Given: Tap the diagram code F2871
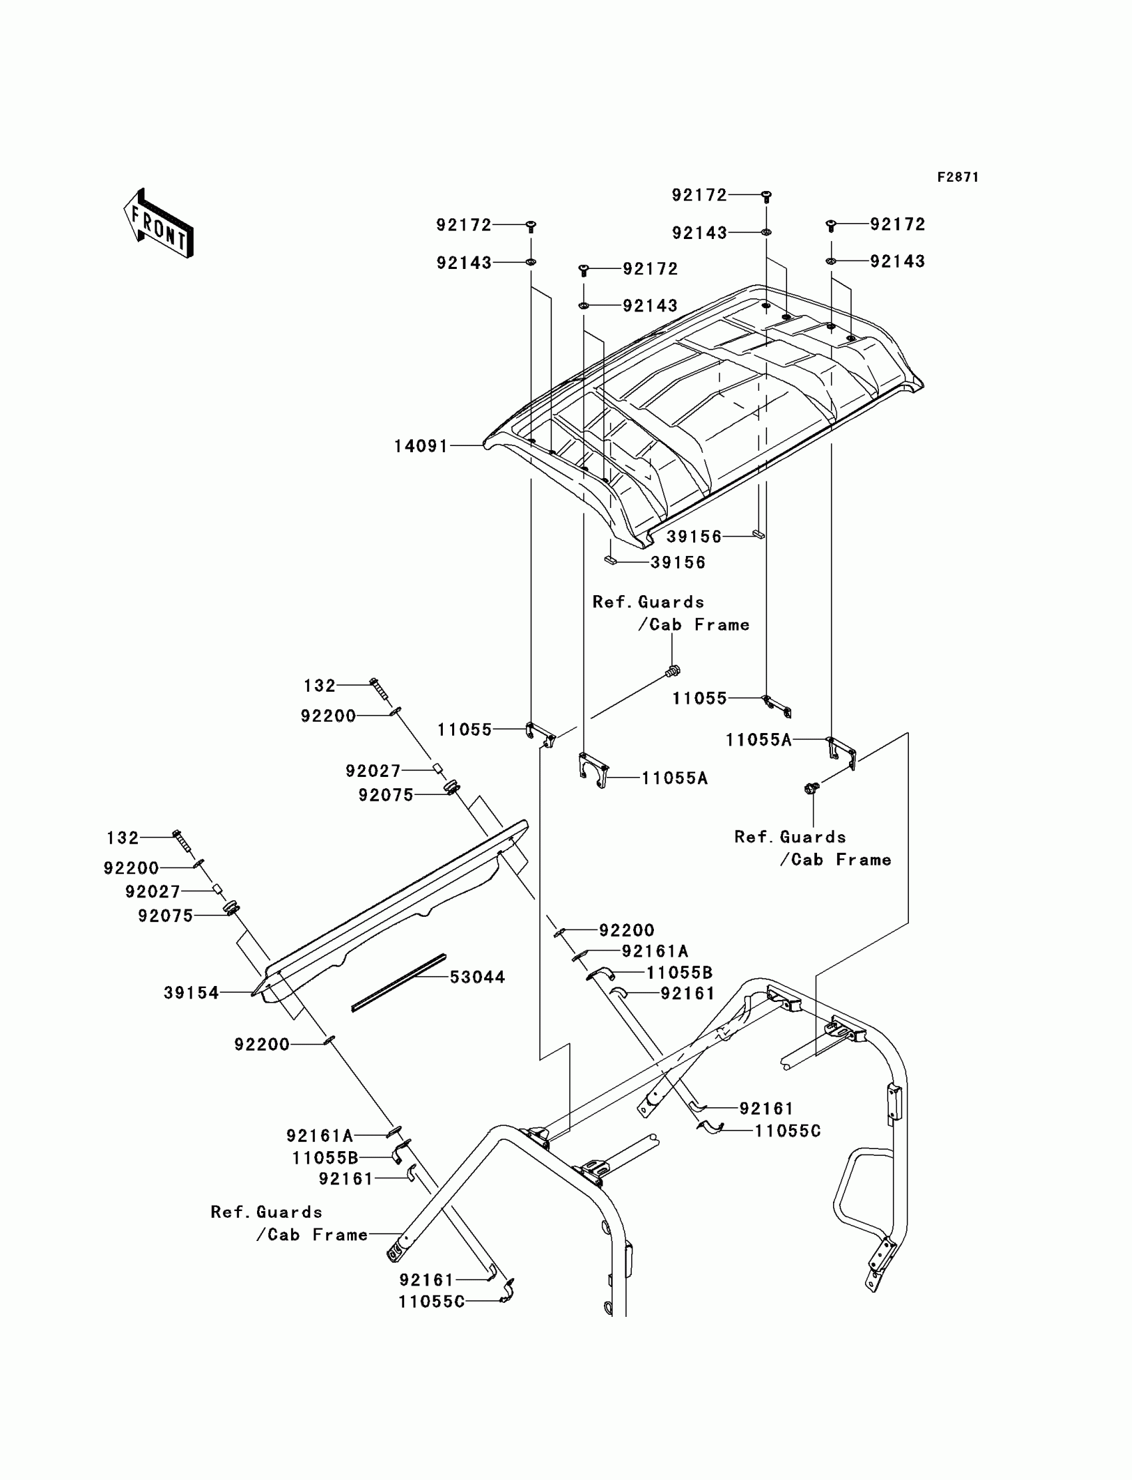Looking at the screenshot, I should click(x=958, y=177).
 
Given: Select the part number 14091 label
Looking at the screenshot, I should click(x=421, y=446).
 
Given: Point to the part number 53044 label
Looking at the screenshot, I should click(x=477, y=977).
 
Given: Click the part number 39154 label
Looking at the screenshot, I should click(x=191, y=992).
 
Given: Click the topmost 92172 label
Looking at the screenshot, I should click(x=699, y=195).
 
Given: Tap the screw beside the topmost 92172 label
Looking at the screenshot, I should click(x=766, y=196).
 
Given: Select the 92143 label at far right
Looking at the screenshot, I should click(x=898, y=262).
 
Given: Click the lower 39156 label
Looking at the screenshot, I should click(x=678, y=563).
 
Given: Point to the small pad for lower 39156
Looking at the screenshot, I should click(x=611, y=560).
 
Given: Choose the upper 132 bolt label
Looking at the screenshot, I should click(x=320, y=686).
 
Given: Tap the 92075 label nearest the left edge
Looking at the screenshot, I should click(x=166, y=915).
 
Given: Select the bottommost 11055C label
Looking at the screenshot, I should click(x=431, y=1302).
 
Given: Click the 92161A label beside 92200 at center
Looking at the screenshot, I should click(x=655, y=951).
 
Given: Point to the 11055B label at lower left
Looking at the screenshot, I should click(x=325, y=1158).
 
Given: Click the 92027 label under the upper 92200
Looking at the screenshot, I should click(x=374, y=771).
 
